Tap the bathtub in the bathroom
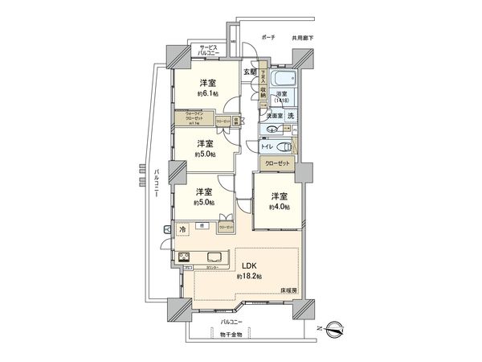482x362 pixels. point(283,80)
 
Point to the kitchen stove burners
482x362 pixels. point(185,258)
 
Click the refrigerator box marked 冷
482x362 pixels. point(182,228)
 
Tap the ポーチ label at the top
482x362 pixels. point(268,37)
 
